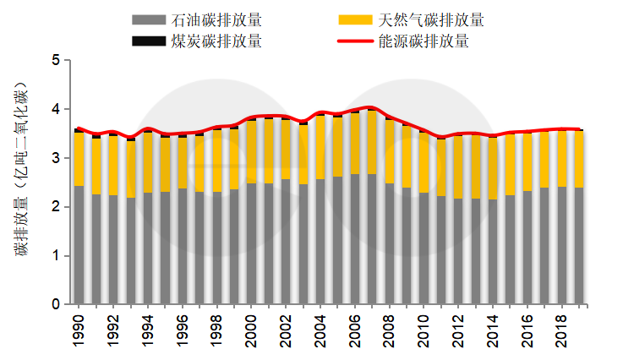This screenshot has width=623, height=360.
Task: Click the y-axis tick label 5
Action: [56, 61]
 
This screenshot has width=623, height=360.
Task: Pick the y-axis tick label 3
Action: [56, 158]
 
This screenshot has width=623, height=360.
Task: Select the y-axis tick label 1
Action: [56, 256]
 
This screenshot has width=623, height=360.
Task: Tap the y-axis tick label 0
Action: [56, 304]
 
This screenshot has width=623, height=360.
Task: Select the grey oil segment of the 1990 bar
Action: [79, 245]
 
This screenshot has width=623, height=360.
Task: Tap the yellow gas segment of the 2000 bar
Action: [252, 152]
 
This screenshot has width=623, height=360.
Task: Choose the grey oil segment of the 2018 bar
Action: [563, 245]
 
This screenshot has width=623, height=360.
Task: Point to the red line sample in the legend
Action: [358, 40]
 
